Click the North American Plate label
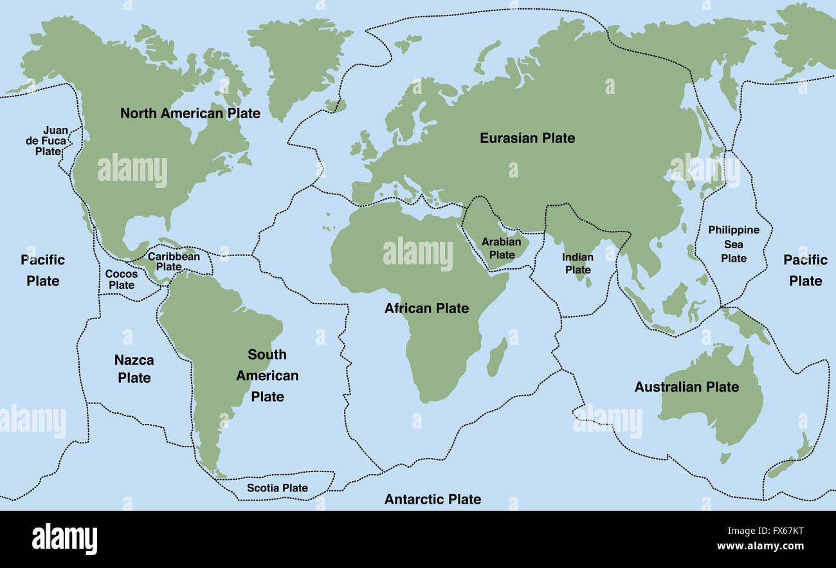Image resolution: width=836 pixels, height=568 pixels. pos(190,114)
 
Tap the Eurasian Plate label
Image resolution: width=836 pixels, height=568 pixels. pos(527,138)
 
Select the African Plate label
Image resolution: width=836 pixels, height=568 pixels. pos(426,308)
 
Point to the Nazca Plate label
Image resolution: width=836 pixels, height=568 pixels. pos(134,369)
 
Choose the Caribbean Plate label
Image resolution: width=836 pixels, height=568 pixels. pos(174,261)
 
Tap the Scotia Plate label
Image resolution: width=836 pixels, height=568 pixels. pos(277,488)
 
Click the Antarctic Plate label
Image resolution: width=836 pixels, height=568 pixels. pos(432,499)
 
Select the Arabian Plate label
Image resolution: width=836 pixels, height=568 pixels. pos(502,248)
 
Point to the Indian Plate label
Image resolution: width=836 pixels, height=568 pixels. pos(577,263)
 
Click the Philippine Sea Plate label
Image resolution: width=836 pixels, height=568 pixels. pos(733,244)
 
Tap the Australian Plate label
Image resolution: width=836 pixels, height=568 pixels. pos(686,387)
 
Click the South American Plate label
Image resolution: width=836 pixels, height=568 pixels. pos(267,375)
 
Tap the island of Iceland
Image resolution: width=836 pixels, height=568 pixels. pos(334,105)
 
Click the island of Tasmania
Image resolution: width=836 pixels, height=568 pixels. pos(725,459)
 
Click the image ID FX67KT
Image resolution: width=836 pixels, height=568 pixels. pos(779,532)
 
